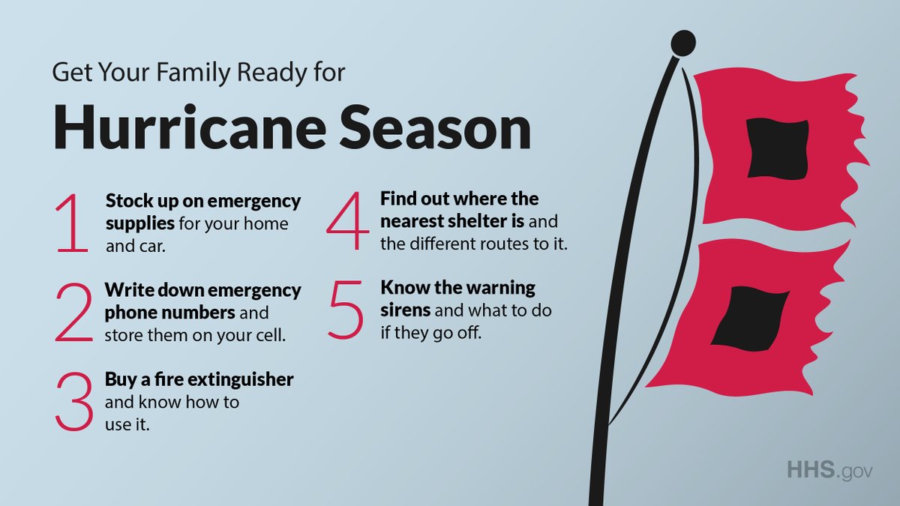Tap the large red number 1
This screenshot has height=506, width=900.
coord(73,223)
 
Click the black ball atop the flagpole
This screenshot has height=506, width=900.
coord(682,43)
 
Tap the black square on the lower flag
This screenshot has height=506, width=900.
coord(750,318)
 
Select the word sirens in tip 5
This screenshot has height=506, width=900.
coord(406,310)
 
